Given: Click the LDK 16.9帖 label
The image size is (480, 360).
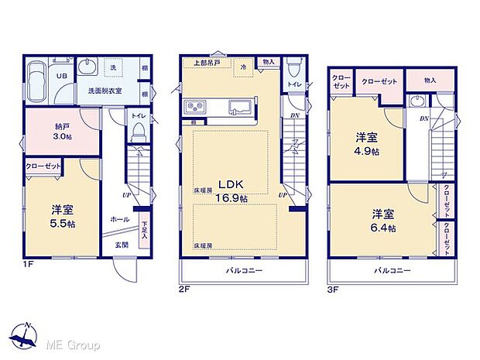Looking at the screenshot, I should [231, 191].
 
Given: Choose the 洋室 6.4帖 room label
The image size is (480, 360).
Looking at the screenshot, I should [382, 221].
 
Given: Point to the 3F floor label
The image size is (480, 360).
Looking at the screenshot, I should [334, 288].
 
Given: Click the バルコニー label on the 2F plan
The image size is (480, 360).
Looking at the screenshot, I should [245, 271].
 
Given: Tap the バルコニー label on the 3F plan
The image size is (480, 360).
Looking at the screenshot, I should [393, 271].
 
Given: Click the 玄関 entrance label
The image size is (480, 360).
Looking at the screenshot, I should [122, 245].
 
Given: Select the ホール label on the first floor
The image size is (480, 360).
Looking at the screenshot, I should [120, 219].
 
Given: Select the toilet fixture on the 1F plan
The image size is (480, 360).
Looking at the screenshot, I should [139, 135].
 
